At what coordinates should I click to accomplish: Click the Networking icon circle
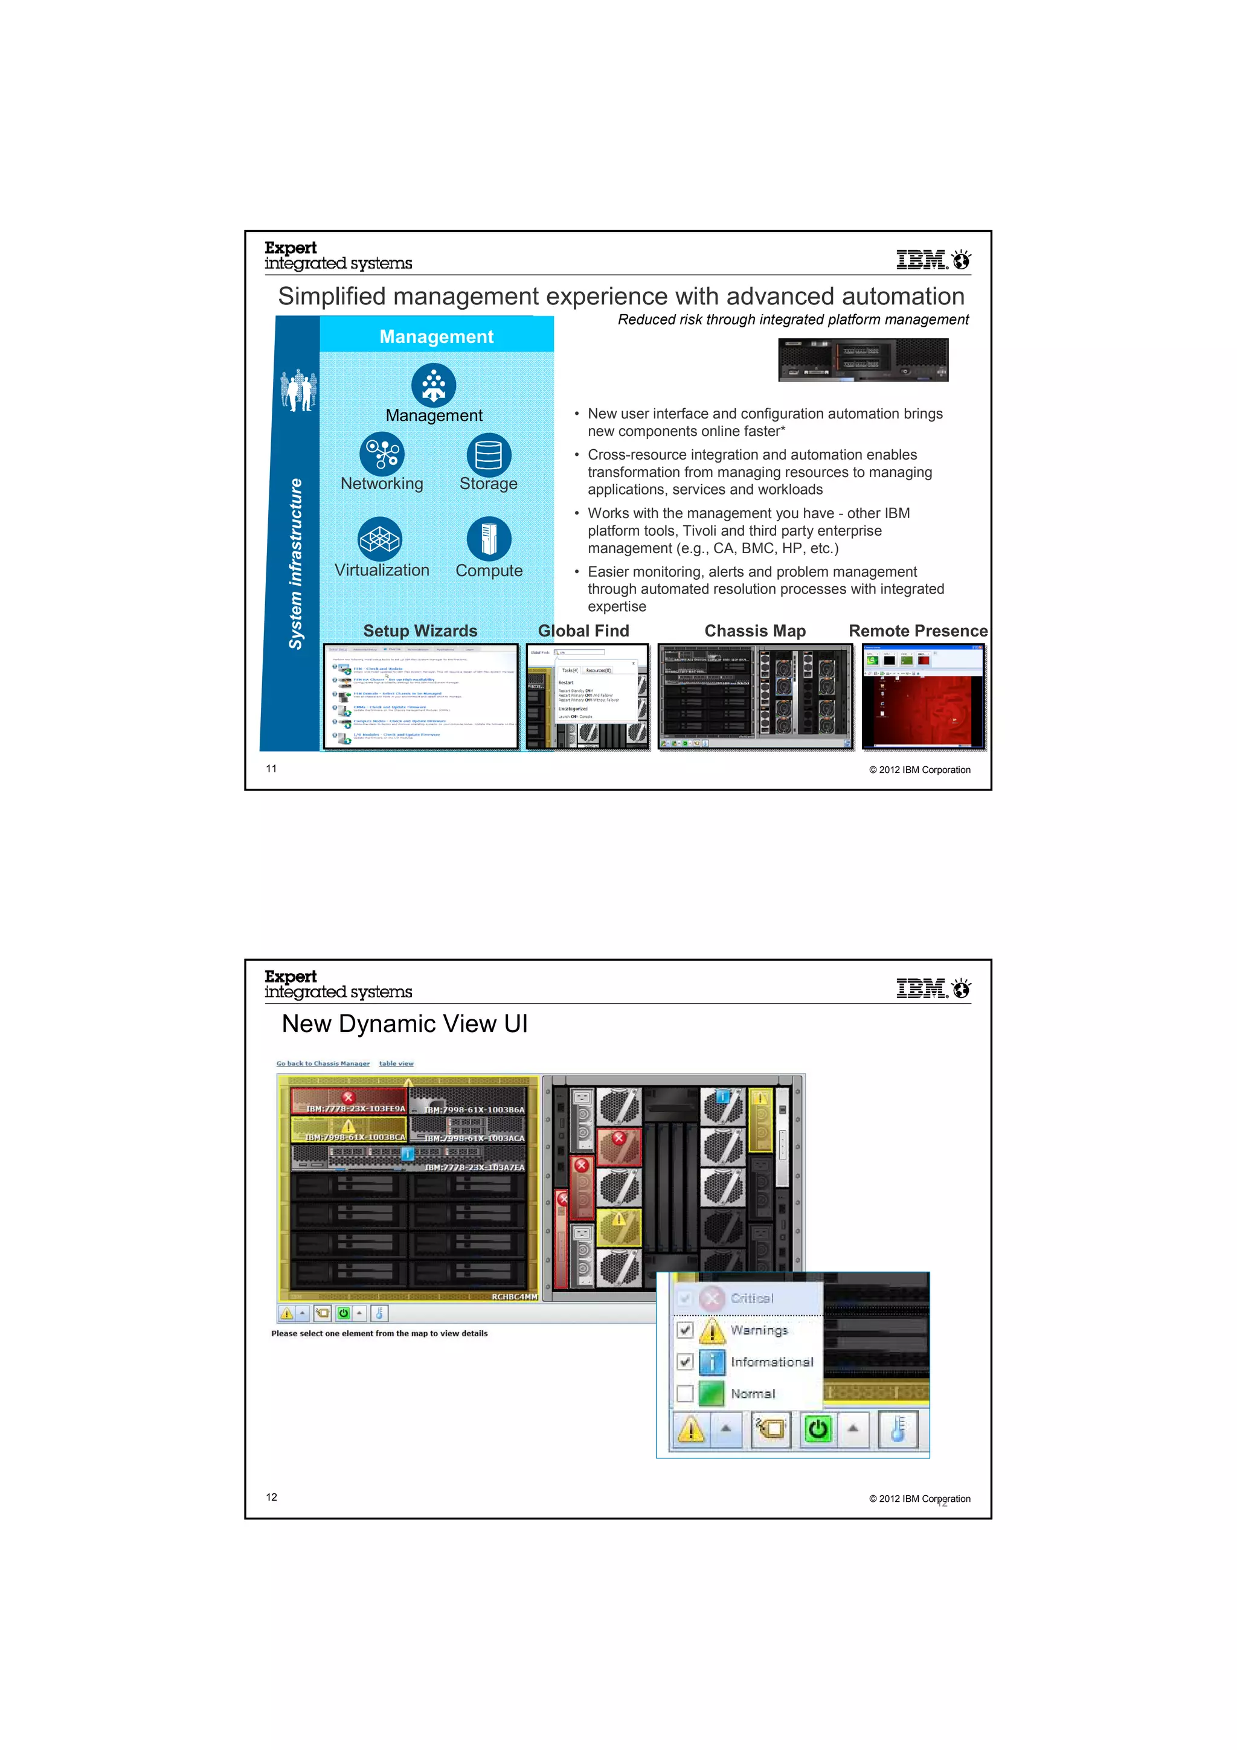point(381,454)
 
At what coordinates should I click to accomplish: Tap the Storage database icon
point(488,455)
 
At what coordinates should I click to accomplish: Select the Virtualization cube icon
point(379,539)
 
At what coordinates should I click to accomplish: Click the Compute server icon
point(489,539)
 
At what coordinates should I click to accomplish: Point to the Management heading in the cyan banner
point(436,336)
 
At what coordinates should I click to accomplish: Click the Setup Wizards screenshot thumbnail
point(421,696)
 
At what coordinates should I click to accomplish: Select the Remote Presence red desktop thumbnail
point(923,696)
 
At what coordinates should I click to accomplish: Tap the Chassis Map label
point(754,631)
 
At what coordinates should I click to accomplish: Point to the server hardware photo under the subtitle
point(863,360)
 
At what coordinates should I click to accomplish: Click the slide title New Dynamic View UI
point(404,1024)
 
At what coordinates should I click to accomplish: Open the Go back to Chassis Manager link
point(323,1063)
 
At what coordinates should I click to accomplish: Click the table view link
point(396,1063)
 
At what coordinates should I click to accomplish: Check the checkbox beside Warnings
point(684,1330)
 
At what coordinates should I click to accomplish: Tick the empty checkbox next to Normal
point(684,1393)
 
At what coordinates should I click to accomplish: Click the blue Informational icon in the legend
point(711,1362)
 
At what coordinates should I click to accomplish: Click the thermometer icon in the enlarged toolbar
point(898,1429)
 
